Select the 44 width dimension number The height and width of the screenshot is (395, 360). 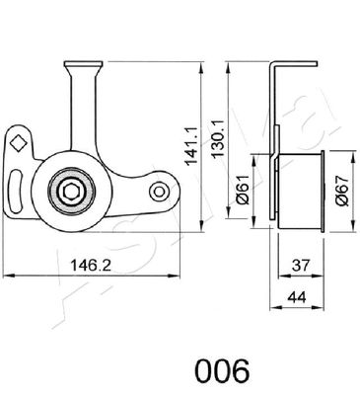[x=294, y=297]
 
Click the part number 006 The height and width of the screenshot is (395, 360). [x=222, y=371]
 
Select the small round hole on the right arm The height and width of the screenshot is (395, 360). [x=158, y=189]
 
